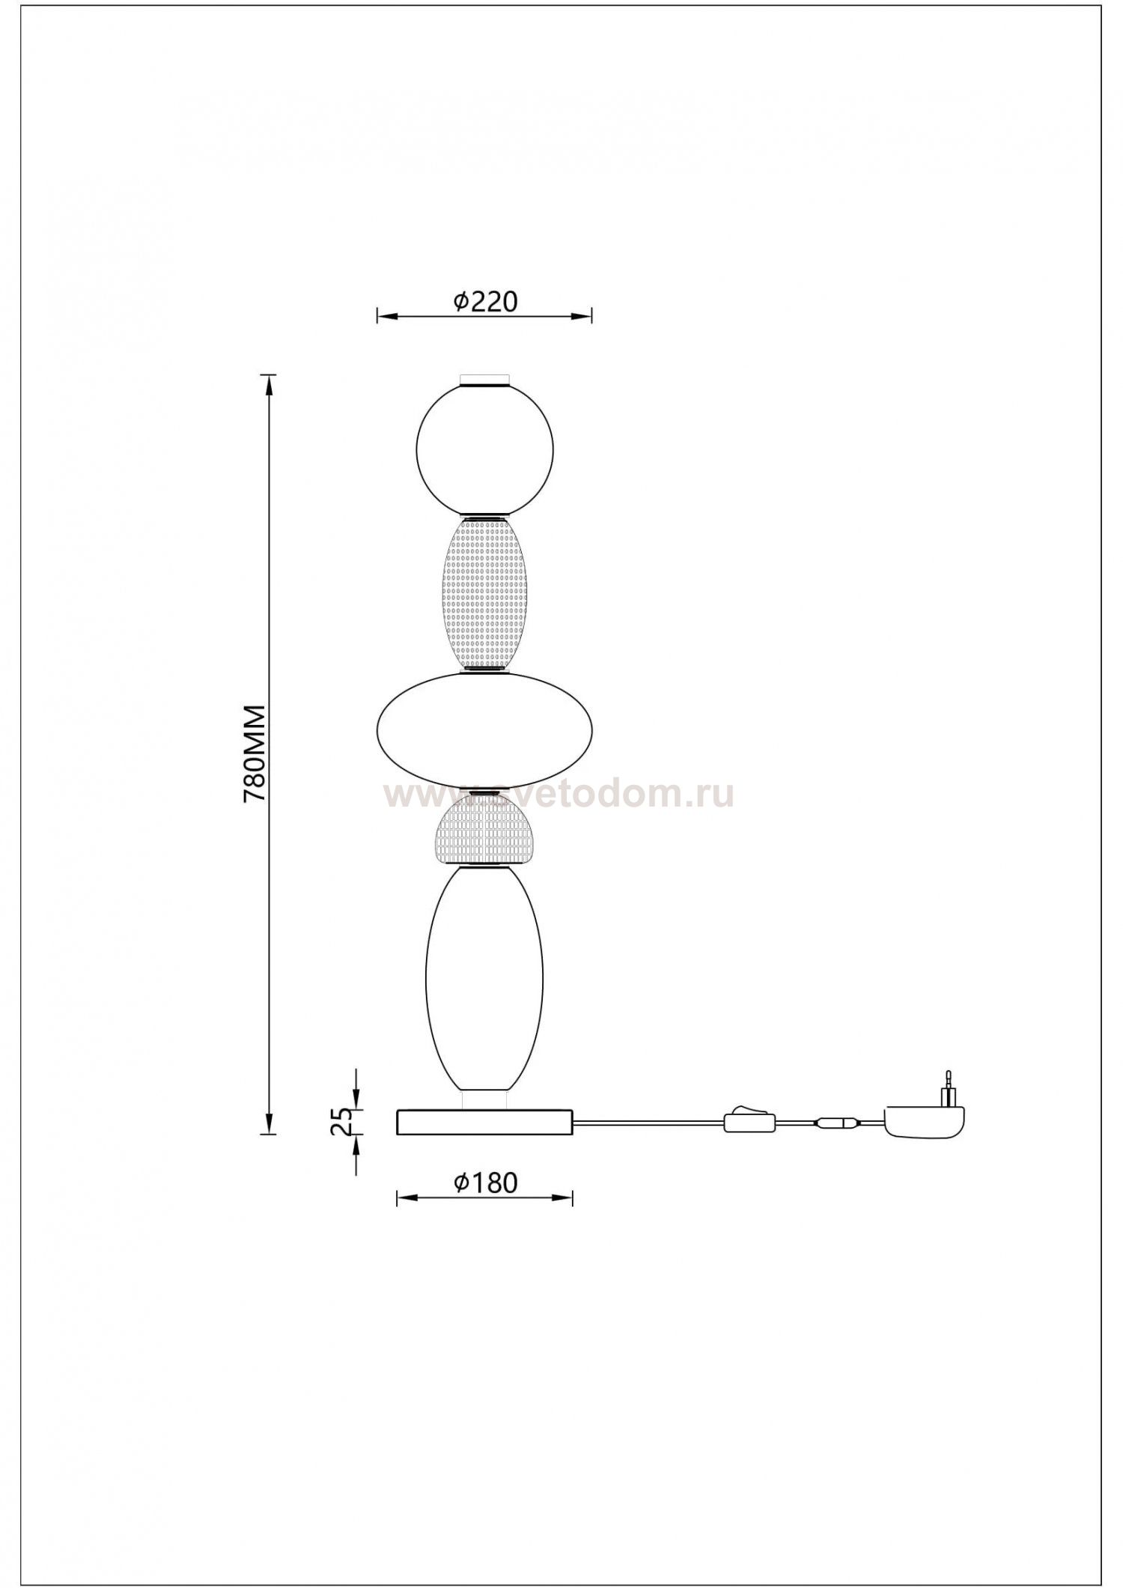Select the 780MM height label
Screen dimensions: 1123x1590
[x=255, y=753]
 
